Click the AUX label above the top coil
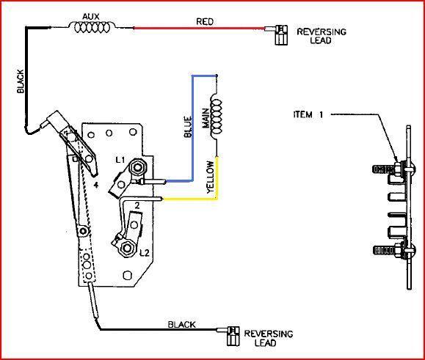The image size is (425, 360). pyautogui.click(x=90, y=15)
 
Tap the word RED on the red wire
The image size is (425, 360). pyautogui.click(x=205, y=22)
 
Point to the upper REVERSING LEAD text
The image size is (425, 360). pyautogui.click(x=321, y=37)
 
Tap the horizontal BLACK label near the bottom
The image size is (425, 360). pyautogui.click(x=181, y=323)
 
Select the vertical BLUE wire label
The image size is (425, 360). pyautogui.click(x=188, y=125)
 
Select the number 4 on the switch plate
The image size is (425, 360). pyautogui.click(x=96, y=186)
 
